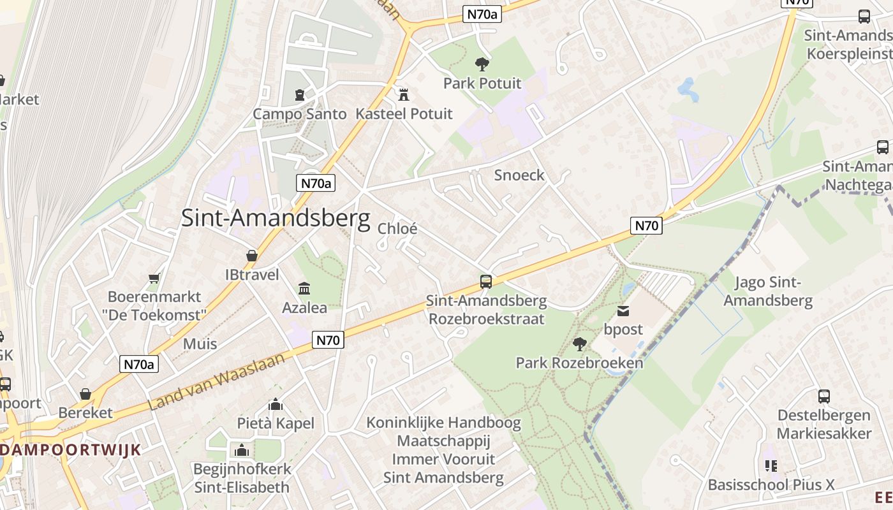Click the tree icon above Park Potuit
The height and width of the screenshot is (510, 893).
(482, 64)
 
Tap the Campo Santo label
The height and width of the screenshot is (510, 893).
(299, 114)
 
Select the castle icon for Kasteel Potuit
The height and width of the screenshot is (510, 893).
(403, 95)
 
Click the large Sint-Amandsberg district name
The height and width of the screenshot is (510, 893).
(276, 218)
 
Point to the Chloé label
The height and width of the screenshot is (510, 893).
(397, 228)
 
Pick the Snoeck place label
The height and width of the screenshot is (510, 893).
(519, 175)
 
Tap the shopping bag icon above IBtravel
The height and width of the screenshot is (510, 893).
(252, 256)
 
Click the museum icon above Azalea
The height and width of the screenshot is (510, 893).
(304, 289)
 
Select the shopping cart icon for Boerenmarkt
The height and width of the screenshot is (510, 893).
(154, 278)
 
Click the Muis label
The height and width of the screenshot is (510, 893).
(200, 344)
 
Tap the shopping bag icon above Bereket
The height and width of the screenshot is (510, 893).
(85, 394)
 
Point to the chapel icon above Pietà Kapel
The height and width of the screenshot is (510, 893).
(276, 405)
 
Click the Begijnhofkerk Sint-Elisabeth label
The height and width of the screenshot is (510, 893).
(242, 478)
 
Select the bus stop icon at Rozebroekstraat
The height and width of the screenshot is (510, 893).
(486, 281)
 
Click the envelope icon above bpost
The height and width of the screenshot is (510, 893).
(623, 311)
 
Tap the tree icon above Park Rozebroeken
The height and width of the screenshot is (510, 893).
(579, 345)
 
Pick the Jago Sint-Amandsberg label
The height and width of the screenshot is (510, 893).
(768, 291)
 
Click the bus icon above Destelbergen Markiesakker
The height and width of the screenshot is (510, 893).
(824, 396)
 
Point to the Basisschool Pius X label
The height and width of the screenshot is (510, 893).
(771, 485)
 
